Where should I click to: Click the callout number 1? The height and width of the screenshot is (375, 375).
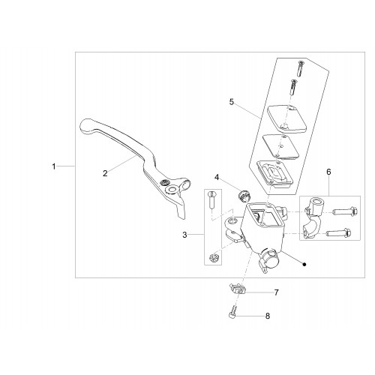(54, 166)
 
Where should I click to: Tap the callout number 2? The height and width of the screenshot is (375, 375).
(105, 173)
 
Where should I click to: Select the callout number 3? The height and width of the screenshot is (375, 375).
(184, 235)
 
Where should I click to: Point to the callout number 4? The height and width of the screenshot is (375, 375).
(217, 178)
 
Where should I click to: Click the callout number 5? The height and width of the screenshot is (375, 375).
(232, 102)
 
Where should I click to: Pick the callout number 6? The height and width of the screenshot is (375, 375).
(328, 172)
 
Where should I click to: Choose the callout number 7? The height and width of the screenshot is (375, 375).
(276, 292)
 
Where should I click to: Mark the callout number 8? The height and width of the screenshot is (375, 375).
(268, 316)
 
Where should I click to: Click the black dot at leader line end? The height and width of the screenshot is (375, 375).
(304, 264)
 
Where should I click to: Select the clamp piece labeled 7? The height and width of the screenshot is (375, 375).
(237, 289)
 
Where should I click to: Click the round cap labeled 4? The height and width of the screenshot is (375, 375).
(242, 196)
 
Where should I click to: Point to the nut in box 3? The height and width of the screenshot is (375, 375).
(214, 257)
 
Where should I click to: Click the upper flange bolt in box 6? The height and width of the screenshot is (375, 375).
(345, 211)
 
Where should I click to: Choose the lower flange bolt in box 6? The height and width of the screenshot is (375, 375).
(338, 233)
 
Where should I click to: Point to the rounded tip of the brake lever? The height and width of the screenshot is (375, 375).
(85, 125)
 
